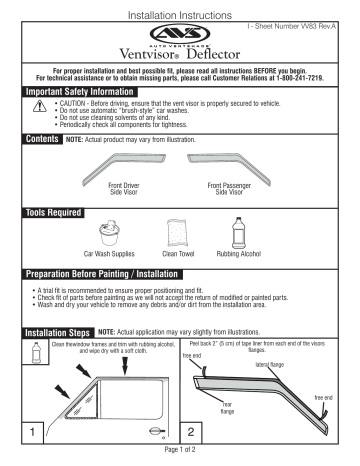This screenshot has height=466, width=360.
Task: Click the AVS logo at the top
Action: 181,34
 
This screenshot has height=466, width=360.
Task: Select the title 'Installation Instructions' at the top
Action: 180,6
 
